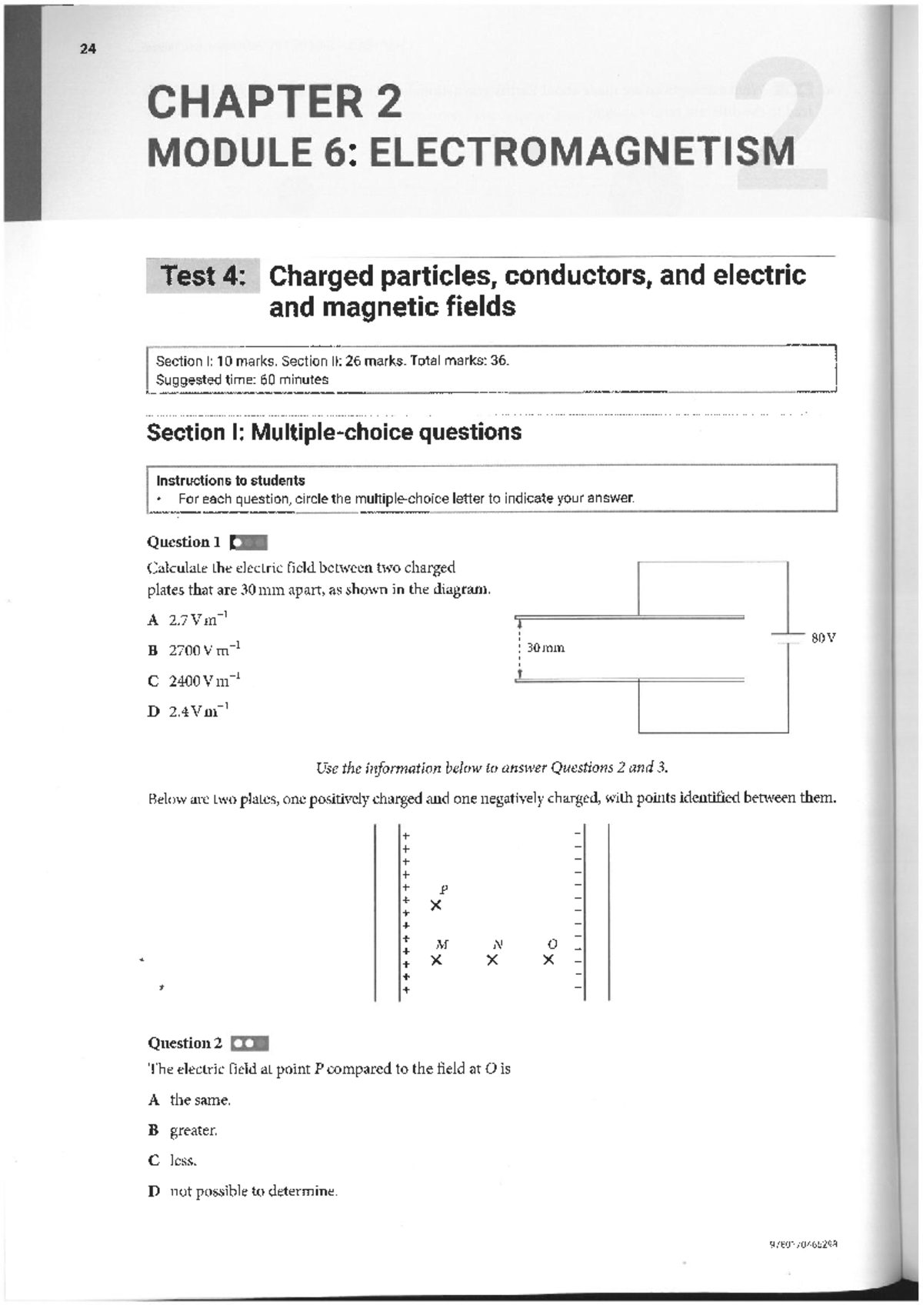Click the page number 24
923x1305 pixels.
[88, 49]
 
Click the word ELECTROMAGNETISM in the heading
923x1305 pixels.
[582, 152]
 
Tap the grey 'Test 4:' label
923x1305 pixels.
[203, 275]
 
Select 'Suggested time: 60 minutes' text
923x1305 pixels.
[242, 379]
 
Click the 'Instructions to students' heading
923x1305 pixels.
[231, 480]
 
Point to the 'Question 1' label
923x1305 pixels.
[184, 542]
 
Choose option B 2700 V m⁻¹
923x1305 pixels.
[195, 649]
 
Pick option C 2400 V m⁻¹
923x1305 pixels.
[195, 680]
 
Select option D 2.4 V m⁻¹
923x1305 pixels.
[188, 711]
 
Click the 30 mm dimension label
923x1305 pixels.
[545, 648]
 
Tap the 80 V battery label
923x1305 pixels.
[823, 638]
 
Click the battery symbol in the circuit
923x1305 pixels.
[788, 637]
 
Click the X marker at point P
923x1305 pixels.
[436, 906]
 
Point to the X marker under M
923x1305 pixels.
[436, 960]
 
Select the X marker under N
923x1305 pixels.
[492, 960]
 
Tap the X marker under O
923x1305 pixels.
[548, 960]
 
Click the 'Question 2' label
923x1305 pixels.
[185, 1043]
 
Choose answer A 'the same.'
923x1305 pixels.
[190, 1100]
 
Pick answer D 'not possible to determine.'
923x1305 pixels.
[243, 1191]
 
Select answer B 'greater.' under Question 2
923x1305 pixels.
[184, 1130]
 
